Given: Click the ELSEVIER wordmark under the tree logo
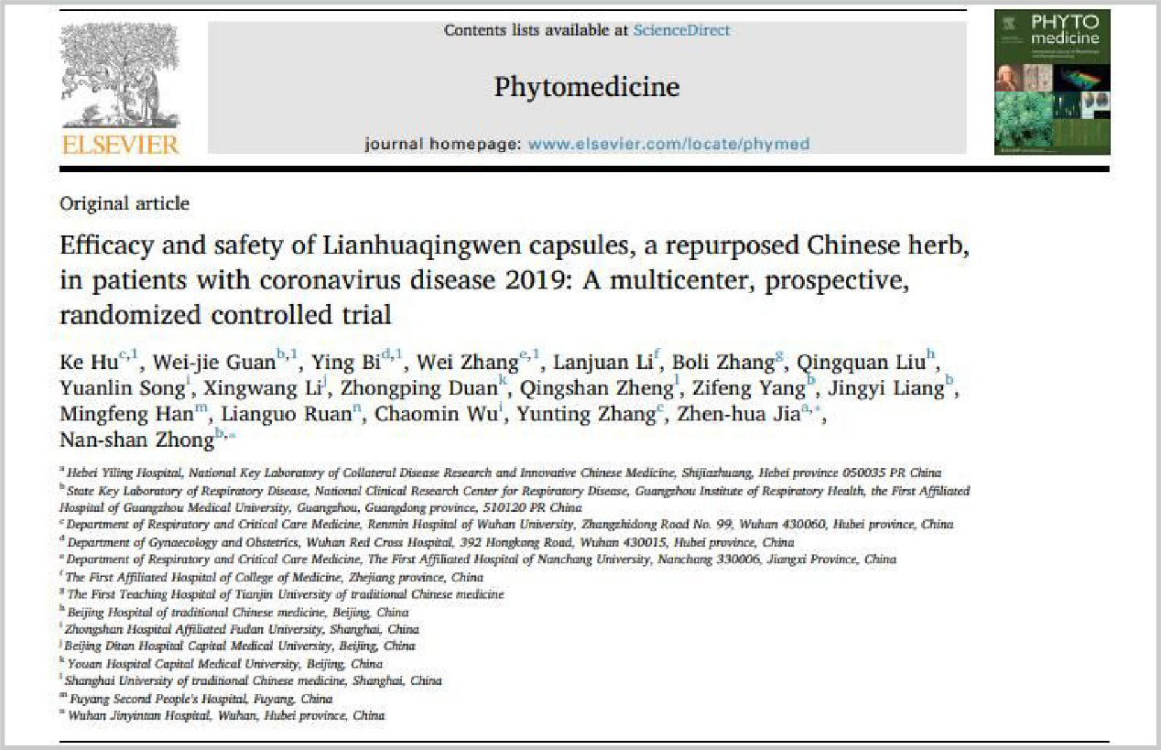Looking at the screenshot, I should point(119,144).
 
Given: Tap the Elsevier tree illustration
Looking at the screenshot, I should point(119,75).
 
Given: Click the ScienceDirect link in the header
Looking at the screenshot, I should point(681,30).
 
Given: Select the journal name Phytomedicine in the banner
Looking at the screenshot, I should point(587,87).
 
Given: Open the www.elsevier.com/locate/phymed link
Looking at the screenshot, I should point(668,144).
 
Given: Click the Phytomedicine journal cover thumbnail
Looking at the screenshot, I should point(1052,82).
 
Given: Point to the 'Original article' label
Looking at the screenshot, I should point(125,203).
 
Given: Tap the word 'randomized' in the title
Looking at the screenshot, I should point(114,315).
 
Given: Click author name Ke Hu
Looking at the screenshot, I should point(83,362).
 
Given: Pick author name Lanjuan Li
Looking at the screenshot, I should point(604,362).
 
